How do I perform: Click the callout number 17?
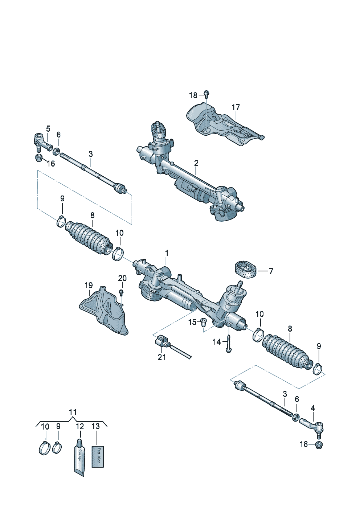coord(236,107)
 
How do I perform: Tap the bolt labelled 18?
coord(206,94)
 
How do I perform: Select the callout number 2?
coord(196,163)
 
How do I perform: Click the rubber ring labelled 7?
coord(245,271)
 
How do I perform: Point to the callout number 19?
coord(89,286)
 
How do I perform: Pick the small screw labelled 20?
coord(122,292)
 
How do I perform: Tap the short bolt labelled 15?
coord(203,321)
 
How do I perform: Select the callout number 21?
coord(161,357)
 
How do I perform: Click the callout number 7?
coord(270,271)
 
